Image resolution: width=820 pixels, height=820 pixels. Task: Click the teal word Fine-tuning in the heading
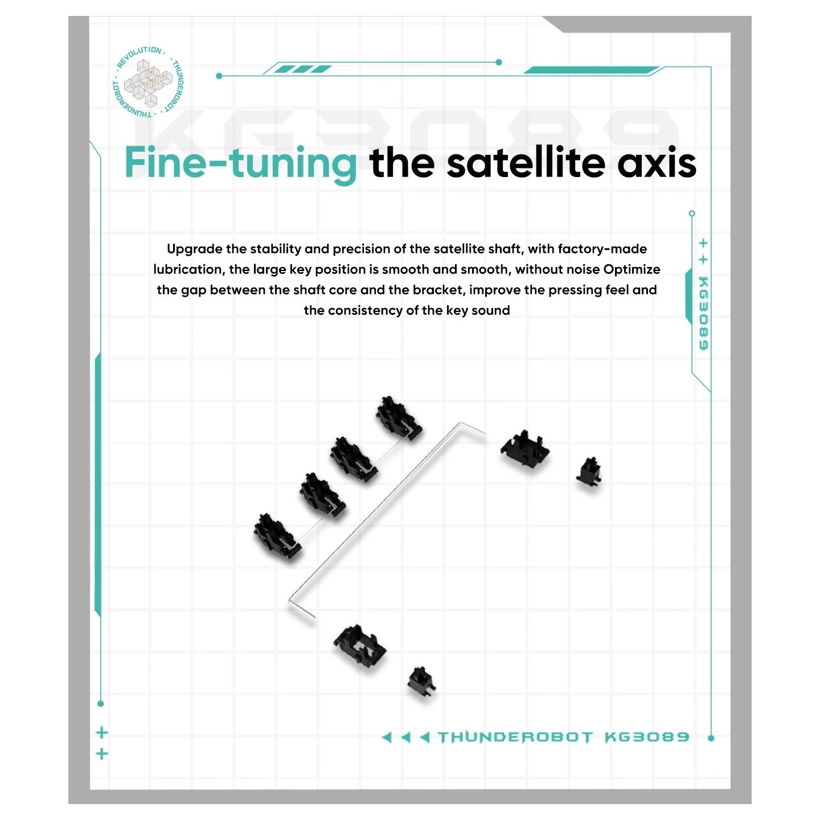pyautogui.click(x=240, y=164)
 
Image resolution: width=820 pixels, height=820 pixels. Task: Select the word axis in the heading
pyautogui.click(x=657, y=162)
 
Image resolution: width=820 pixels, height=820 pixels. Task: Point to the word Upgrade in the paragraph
pyautogui.click(x=195, y=249)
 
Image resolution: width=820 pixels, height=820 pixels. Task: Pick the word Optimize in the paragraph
pyautogui.click(x=632, y=270)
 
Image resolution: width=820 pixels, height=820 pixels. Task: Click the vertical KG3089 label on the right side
pyautogui.click(x=703, y=313)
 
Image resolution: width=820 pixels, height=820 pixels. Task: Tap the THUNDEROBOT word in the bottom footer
pyautogui.click(x=515, y=737)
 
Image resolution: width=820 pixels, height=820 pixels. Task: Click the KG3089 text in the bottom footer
pyautogui.click(x=647, y=737)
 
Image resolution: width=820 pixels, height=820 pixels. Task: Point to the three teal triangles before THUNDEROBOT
pyautogui.click(x=406, y=737)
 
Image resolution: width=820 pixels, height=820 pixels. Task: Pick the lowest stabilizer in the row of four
pyautogui.click(x=277, y=536)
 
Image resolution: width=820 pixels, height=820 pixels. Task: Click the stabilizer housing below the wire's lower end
pyautogui.click(x=360, y=646)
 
